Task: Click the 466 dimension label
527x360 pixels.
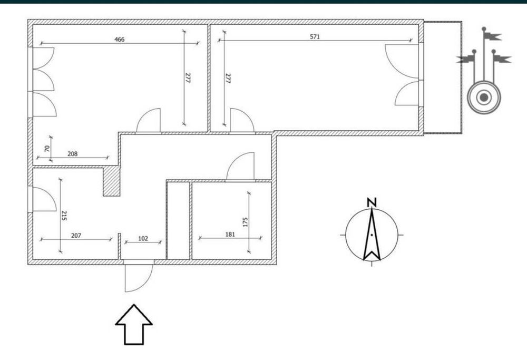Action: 119,40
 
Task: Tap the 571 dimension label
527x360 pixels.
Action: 315,37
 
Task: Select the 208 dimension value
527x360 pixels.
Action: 73,154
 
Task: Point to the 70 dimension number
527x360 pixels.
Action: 47,148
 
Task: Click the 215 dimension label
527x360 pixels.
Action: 64,216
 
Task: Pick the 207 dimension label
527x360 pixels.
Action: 76,236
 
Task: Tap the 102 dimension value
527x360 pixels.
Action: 143,238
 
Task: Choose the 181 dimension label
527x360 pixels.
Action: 230,234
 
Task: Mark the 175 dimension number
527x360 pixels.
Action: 245,222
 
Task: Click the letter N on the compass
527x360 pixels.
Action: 372,202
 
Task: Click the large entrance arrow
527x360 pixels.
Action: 134,324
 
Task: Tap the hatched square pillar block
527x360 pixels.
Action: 111,181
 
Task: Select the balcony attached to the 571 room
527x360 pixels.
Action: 443,77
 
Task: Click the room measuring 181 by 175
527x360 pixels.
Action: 231,220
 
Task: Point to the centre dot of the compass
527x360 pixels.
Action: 372,235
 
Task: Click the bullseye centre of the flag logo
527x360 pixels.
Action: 484,98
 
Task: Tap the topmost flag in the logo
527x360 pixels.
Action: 492,36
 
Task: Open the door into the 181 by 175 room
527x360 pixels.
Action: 240,167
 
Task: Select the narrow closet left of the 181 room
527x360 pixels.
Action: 179,220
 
